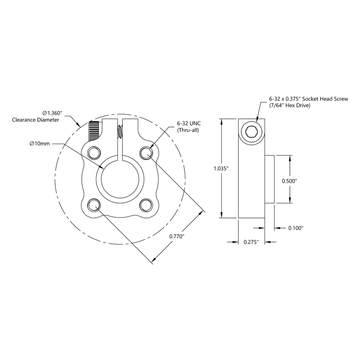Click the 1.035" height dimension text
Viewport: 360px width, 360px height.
[x=221, y=169]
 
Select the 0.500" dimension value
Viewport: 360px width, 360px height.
[x=290, y=181]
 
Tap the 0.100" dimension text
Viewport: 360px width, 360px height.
[x=296, y=228]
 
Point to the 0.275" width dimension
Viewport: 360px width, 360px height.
[x=252, y=242]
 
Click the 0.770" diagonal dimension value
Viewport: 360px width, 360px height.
[x=177, y=236]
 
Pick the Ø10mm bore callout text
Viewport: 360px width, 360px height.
[x=39, y=144]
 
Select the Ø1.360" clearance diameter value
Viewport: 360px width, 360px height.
[x=52, y=113]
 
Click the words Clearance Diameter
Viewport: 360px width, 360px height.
[x=35, y=120]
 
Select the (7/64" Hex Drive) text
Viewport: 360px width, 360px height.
[x=290, y=106]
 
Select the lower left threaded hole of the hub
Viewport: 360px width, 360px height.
[x=94, y=205]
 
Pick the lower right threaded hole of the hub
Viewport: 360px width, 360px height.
[x=146, y=205]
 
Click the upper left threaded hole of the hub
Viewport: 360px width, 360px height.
[x=94, y=153]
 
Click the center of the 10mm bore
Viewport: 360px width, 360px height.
[x=120, y=179]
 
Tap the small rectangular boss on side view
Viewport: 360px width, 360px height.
[x=269, y=179]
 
